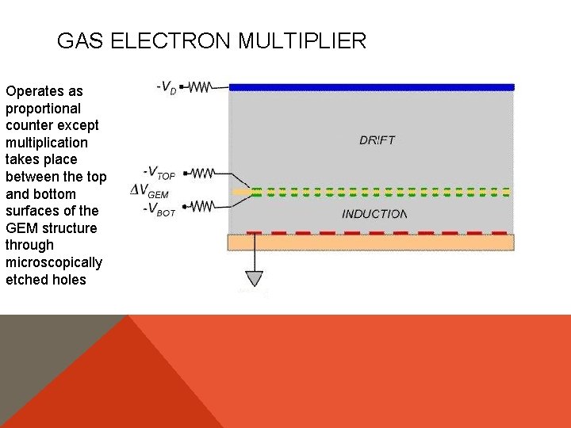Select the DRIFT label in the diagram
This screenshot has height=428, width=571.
tap(377, 140)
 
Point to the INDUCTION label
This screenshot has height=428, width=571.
tap(374, 214)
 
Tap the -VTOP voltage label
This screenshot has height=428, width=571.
tap(159, 172)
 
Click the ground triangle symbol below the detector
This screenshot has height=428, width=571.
tap(254, 278)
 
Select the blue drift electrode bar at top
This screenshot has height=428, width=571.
tap(371, 87)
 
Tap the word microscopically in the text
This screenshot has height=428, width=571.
tap(54, 262)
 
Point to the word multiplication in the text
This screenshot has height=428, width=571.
tap(47, 143)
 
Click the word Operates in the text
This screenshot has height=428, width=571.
tap(33, 91)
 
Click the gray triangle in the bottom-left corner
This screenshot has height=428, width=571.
tap(40, 365)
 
